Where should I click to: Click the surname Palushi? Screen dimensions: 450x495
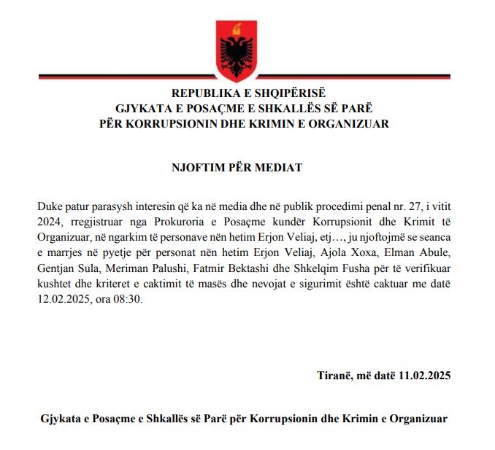[x=171, y=268]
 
